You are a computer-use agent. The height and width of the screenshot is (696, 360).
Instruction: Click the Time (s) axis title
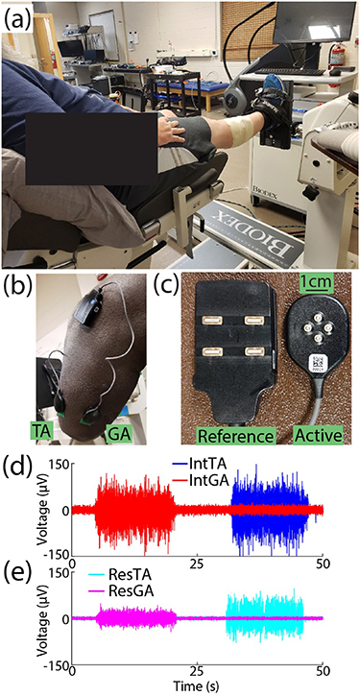[199, 684]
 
